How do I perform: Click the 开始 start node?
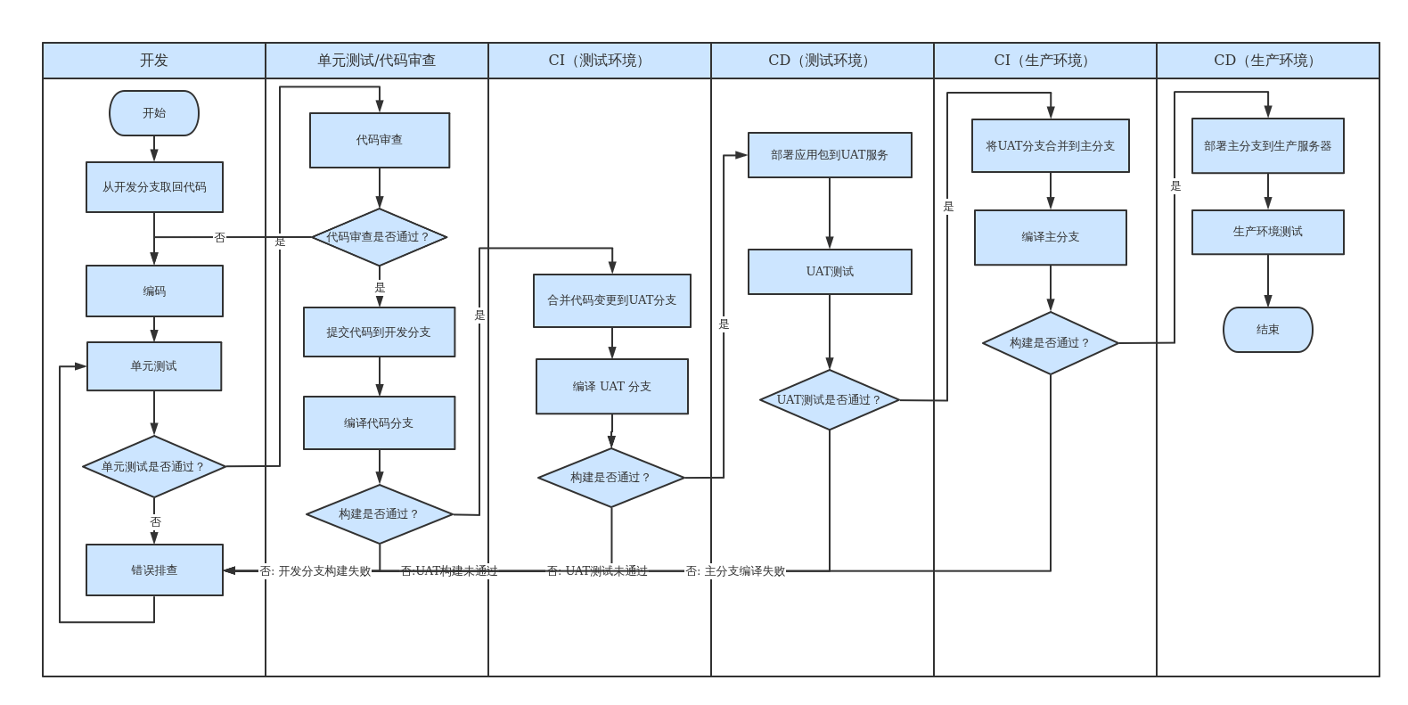pos(154,113)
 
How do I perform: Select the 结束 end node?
pos(1267,330)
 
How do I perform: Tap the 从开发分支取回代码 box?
pos(154,187)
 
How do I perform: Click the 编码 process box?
pos(154,291)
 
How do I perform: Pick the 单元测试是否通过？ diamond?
pos(153,466)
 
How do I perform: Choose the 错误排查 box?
pos(154,570)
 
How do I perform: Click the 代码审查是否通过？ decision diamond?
pos(379,237)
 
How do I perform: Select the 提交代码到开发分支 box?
pos(379,332)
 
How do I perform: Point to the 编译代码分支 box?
pos(379,423)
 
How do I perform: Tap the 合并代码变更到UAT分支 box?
pos(611,300)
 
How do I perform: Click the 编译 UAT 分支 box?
pos(611,387)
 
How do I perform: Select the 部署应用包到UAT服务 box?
pos(830,155)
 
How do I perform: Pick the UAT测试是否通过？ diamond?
pos(829,400)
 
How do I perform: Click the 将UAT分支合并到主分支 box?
pos(1050,146)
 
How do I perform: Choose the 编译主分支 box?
pos(1050,237)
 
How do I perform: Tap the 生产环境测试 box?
pos(1267,232)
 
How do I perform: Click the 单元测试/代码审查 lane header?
pos(377,61)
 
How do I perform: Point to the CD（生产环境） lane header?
pos(1267,61)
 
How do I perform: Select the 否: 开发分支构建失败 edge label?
pos(315,571)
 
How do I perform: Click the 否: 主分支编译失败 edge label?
pos(735,571)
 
